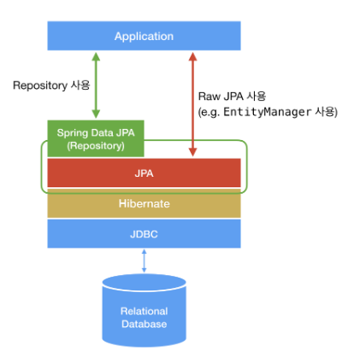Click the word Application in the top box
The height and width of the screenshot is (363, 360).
144,37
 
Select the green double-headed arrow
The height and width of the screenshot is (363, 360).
96,85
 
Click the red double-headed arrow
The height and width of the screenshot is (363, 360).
193,104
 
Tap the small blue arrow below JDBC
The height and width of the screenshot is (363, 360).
144,261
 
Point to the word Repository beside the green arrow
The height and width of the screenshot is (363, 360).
40,85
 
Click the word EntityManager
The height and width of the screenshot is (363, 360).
267,112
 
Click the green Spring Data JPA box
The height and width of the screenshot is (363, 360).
96,138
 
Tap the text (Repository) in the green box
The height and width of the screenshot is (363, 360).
96,146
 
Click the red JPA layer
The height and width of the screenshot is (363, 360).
144,173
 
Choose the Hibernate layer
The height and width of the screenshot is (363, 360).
144,203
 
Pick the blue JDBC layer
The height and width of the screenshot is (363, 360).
144,234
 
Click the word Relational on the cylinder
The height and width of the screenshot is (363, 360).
145,311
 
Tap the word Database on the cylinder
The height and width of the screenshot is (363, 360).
145,324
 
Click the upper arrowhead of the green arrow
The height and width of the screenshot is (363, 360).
96,56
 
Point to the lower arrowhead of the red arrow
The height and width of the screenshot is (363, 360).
193,152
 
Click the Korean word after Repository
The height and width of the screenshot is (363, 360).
80,85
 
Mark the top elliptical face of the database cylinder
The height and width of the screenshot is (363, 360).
145,283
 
